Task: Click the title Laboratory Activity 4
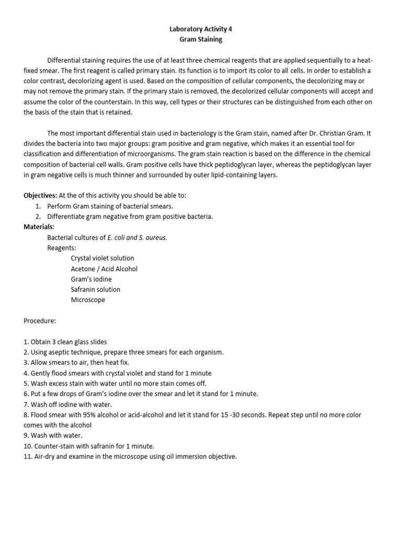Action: pos(201,29)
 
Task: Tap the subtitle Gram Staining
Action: pos(201,39)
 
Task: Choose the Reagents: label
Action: pos(62,248)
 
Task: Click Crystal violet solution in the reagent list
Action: pos(103,258)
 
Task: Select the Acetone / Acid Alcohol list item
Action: pos(104,269)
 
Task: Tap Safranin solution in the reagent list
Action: pos(96,289)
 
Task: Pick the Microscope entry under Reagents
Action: pos(88,300)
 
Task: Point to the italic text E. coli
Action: pos(117,237)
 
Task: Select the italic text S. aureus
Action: pos(153,237)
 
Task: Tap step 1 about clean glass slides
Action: pos(65,342)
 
